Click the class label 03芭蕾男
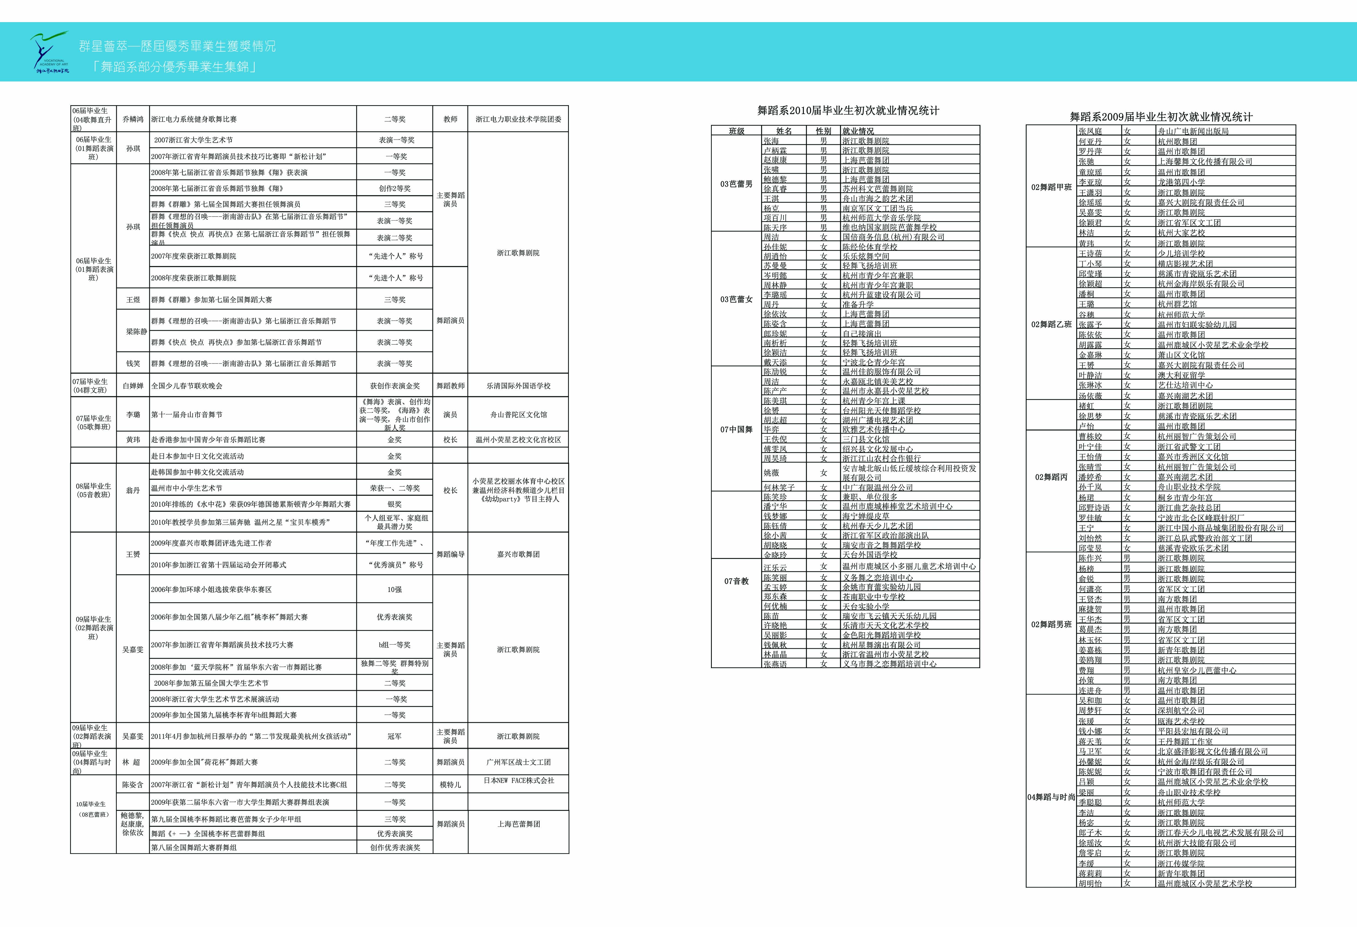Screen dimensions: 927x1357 [736, 184]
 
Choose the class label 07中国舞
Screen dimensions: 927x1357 [736, 430]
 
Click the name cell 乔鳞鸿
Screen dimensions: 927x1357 [133, 119]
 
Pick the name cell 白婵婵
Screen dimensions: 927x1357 [133, 386]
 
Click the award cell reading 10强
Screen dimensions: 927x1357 [395, 590]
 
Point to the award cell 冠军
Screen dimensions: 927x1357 [395, 737]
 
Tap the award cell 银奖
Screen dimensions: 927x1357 [395, 504]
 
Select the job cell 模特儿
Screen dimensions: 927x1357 [450, 785]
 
